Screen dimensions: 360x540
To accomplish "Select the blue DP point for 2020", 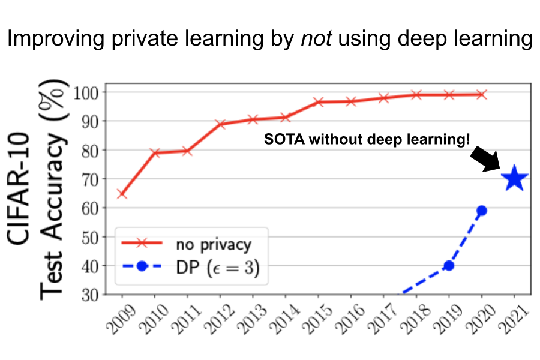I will pyautogui.click(x=481, y=211).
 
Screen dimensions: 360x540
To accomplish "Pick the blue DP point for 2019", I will pyautogui.click(x=448, y=265).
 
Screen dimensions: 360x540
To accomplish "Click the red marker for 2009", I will pyautogui.click(x=122, y=194).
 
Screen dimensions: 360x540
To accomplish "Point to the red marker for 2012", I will pyautogui.click(x=220, y=124).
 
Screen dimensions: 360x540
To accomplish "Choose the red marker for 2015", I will pyautogui.click(x=319, y=102).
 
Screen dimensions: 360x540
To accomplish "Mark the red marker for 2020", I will pyautogui.click(x=481, y=95).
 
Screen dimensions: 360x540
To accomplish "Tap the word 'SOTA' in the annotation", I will pyautogui.click(x=281, y=139).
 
